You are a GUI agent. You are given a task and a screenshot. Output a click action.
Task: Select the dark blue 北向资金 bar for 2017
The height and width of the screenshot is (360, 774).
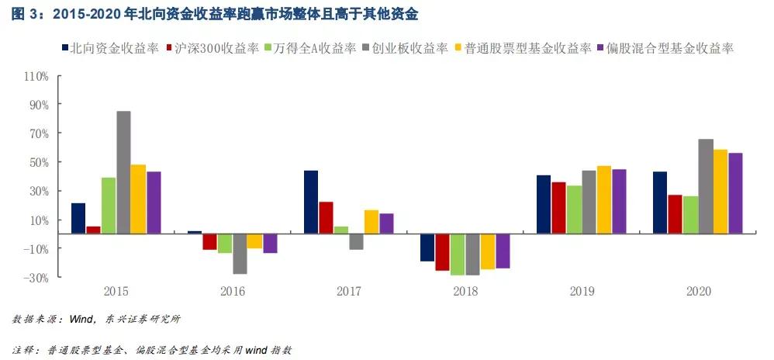[310, 202]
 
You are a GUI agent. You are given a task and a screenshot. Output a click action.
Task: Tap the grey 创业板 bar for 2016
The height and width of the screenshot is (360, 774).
[240, 253]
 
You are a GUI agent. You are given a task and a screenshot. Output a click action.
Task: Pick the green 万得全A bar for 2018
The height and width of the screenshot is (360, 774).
[458, 254]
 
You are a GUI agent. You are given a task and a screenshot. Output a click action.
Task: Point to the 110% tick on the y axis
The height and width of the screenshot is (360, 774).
[36, 76]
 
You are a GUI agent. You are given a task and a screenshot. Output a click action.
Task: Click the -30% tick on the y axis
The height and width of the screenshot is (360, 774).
[36, 277]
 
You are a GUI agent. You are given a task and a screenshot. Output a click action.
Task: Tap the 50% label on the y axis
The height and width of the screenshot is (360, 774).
[39, 162]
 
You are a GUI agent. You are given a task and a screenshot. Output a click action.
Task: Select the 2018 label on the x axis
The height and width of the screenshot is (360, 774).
[465, 292]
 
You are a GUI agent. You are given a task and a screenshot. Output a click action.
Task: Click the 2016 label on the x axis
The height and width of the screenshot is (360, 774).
[233, 292]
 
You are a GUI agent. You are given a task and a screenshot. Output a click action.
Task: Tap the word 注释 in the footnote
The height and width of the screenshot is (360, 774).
[24, 350]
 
